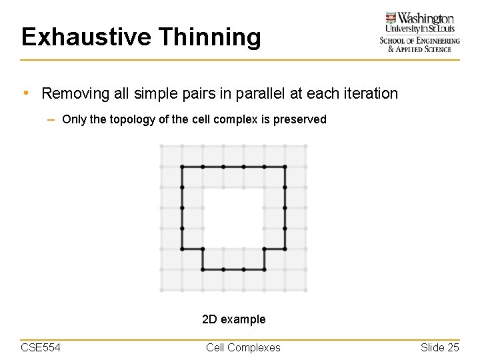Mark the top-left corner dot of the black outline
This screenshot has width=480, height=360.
point(182,167)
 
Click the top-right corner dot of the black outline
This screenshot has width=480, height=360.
point(285,167)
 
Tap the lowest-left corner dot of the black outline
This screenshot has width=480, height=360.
point(203,269)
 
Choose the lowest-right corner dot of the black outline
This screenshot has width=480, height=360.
point(264,269)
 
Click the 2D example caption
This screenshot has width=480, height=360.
point(233,319)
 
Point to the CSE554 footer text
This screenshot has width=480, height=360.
point(41,347)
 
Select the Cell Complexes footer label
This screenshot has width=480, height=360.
point(243,347)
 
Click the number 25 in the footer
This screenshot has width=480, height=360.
point(453,347)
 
